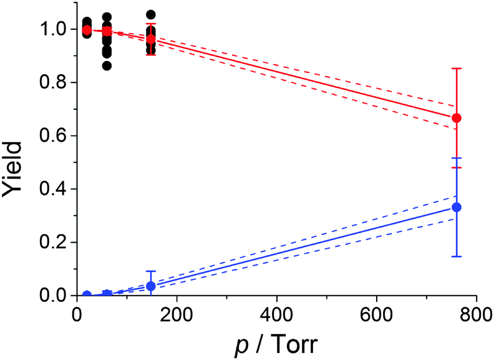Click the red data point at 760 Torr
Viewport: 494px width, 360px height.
[x=457, y=118]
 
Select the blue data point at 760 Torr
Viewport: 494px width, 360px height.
[x=457, y=207]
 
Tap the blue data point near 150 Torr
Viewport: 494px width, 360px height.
[x=150, y=286]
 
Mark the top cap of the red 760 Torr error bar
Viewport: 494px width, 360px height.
[x=457, y=69]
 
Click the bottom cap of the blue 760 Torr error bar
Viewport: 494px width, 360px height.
[x=457, y=256]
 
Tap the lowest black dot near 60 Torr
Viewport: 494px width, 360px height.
[x=107, y=66]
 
